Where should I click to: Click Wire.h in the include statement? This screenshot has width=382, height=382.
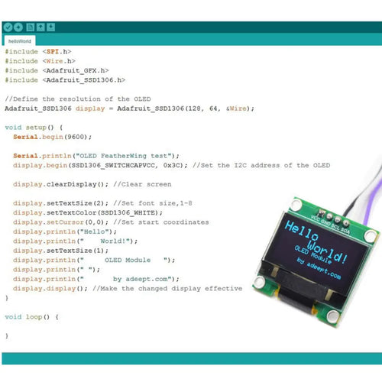click(59, 60)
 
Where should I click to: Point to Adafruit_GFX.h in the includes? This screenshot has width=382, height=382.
click(82, 70)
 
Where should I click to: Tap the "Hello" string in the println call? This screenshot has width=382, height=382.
click(100, 231)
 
